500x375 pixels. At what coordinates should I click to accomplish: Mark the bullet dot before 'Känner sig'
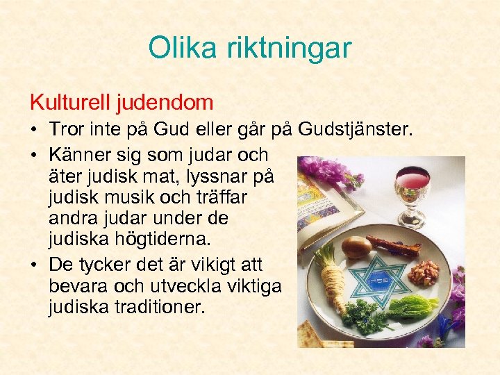pyautogui.click(x=34, y=153)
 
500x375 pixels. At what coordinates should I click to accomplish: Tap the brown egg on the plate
pyautogui.click(x=356, y=247)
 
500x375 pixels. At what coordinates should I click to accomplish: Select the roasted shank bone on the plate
pyautogui.click(x=393, y=245)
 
